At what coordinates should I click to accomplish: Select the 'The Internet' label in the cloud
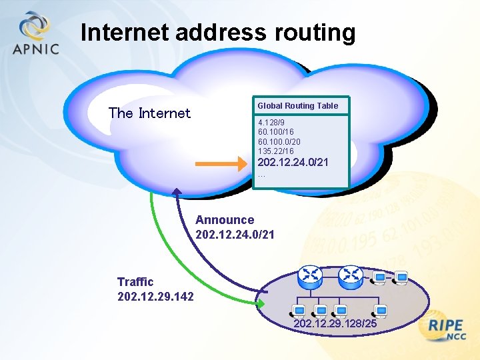(149, 113)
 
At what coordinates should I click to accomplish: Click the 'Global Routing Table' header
(297, 105)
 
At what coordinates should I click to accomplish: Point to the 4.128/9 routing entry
(271, 123)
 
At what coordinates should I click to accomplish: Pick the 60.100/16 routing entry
(275, 133)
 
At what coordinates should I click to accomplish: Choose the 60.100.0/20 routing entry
(279, 142)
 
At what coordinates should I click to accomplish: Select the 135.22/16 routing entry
(275, 151)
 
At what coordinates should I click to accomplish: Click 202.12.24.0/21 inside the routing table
(293, 163)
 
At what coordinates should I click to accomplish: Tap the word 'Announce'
(225, 220)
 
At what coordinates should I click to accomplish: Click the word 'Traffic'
(135, 282)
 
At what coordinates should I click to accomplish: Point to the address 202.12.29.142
(155, 295)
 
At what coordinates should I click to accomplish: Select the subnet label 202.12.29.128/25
(335, 323)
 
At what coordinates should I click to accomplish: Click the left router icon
(311, 275)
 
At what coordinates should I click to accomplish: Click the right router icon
(350, 275)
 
